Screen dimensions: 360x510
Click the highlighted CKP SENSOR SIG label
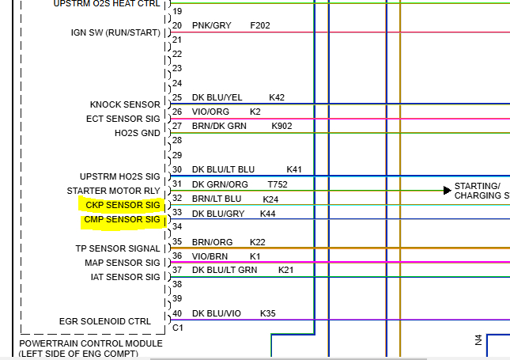click(123, 205)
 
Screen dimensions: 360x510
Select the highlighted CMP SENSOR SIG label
click(123, 219)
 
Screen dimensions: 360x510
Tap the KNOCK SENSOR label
click(125, 104)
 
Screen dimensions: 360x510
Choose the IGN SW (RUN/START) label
click(115, 33)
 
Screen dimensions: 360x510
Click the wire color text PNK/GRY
click(211, 25)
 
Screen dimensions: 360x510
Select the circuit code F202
click(260, 25)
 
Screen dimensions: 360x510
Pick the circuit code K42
click(277, 97)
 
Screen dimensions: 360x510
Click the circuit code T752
click(278, 184)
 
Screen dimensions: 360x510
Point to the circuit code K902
click(281, 126)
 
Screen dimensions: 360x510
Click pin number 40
click(177, 313)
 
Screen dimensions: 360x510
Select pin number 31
click(177, 184)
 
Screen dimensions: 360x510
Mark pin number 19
click(177, 11)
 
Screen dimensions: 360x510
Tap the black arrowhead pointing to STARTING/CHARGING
click(448, 190)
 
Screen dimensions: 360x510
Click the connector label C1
click(178, 327)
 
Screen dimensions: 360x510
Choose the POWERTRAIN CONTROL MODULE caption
click(91, 343)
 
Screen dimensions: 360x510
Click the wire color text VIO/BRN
click(210, 256)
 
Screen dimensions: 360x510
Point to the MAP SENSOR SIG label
click(123, 263)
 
